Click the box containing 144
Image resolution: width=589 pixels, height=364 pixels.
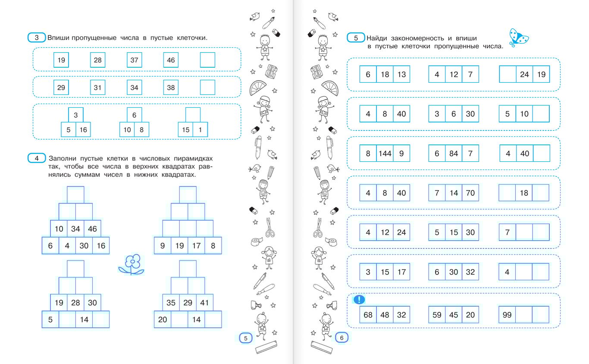click(x=385, y=154)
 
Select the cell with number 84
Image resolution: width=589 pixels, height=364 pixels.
click(x=454, y=154)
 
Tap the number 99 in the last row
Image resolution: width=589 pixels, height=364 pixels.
click(x=507, y=314)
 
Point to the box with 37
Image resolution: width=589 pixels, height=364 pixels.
click(x=135, y=60)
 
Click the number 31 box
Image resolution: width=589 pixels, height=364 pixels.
click(x=97, y=87)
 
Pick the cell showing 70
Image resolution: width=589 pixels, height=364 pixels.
click(x=470, y=193)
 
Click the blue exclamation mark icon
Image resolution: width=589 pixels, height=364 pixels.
click(x=359, y=299)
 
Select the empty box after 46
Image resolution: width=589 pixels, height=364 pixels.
click(x=207, y=60)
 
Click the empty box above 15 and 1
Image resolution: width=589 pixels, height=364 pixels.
click(x=193, y=115)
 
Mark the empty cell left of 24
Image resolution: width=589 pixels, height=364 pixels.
click(x=508, y=74)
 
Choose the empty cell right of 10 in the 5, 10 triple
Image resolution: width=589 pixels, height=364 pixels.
click(x=541, y=113)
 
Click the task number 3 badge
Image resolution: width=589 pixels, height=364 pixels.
click(x=37, y=38)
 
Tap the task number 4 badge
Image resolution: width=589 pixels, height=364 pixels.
click(x=37, y=158)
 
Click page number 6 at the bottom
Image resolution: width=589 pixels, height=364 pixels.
click(x=341, y=337)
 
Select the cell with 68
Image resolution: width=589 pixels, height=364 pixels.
click(x=368, y=314)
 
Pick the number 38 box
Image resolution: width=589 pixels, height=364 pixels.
click(x=171, y=87)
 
